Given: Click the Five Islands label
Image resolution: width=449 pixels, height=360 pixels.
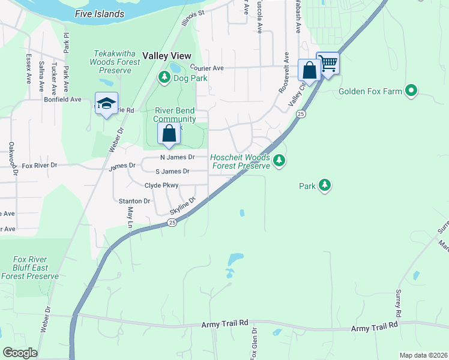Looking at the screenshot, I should coord(100,14).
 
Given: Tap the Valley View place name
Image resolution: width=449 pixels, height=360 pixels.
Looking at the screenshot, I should coord(167,55).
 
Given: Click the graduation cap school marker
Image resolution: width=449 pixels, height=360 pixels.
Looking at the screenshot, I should coord(106,103).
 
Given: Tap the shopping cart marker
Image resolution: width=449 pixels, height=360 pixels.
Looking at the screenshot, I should coord(328,63).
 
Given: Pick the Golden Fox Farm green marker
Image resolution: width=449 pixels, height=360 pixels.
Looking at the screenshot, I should coord(411,91).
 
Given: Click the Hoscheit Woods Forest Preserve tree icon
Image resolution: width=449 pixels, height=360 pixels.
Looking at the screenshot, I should coord(279,160).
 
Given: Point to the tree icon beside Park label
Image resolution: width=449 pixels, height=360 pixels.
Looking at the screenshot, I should coord(325,185).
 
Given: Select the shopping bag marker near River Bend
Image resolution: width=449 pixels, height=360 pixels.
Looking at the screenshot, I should coord(169,133).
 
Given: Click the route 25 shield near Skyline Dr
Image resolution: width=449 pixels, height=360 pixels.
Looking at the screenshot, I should coord(172,223).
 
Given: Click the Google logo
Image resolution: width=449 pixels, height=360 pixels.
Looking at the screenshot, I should coord(20,353).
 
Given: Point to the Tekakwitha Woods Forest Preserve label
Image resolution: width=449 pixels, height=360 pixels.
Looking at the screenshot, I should coord(110,62).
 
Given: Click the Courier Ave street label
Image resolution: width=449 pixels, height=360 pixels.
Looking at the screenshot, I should coord(206,68).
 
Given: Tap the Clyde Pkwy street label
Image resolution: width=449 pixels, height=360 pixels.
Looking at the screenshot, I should coord(161,185).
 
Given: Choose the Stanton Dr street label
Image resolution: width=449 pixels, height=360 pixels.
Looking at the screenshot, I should coord(134,201).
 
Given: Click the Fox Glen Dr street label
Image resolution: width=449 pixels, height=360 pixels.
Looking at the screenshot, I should coord(255,342).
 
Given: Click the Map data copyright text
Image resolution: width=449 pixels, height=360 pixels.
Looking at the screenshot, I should coord(423,355).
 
